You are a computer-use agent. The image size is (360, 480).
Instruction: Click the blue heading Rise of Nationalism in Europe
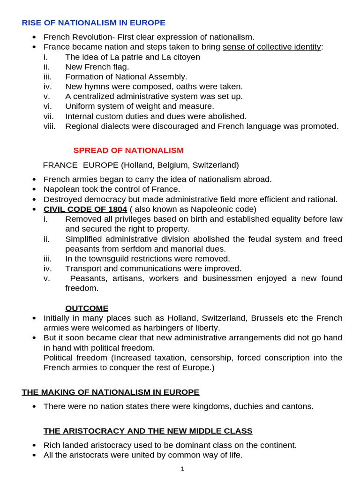click(x=93, y=22)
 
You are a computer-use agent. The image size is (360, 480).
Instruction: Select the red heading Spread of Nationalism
click(x=128, y=150)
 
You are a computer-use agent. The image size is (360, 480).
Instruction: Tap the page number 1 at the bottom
click(x=182, y=468)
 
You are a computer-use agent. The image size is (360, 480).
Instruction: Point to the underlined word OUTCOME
click(x=87, y=308)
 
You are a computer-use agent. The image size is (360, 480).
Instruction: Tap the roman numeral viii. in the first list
click(x=50, y=126)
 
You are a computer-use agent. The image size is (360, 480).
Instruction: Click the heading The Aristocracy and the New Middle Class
click(x=148, y=431)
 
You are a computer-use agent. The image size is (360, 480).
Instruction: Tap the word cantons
click(x=296, y=406)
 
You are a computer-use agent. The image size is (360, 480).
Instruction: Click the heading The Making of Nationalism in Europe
click(x=110, y=392)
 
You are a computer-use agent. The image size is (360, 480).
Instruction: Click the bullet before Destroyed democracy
click(x=34, y=200)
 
